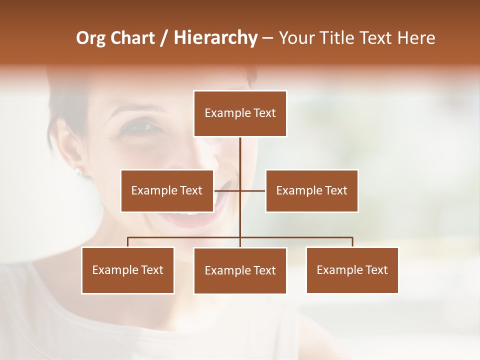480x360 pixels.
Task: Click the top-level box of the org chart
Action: pyautogui.click(x=240, y=113)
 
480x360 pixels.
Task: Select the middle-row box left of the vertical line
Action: pyautogui.click(x=167, y=190)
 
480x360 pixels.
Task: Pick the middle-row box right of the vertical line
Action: pyautogui.click(x=311, y=190)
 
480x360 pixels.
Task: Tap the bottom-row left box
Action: pyautogui.click(x=128, y=270)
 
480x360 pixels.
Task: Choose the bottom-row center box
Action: pyautogui.click(x=240, y=270)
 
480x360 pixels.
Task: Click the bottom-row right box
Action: pyautogui.click(x=352, y=270)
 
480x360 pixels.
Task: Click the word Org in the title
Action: pyautogui.click(x=90, y=38)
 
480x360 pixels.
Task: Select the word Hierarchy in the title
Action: pyautogui.click(x=215, y=38)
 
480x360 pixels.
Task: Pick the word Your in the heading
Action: pyautogui.click(x=298, y=38)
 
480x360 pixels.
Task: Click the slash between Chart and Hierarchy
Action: pyautogui.click(x=164, y=38)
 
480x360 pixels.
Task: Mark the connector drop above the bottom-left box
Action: pyautogui.click(x=128, y=242)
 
